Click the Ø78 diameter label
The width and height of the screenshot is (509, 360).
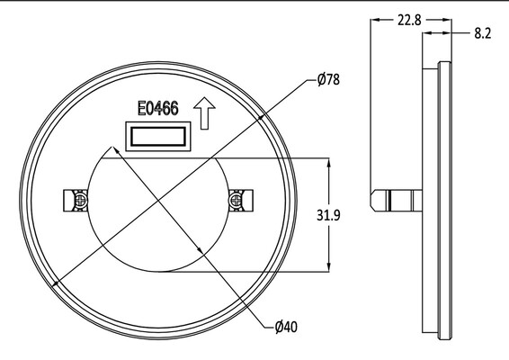pyautogui.click(x=328, y=79)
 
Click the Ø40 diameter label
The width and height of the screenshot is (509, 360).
pyautogui.click(x=286, y=327)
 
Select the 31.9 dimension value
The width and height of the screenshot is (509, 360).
pyautogui.click(x=328, y=215)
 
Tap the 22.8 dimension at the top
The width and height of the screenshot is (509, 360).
pyautogui.click(x=409, y=21)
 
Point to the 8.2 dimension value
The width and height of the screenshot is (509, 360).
pyautogui.click(x=483, y=33)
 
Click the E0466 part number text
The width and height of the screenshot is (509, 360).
pyautogui.click(x=158, y=108)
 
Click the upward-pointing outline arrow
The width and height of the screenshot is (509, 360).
pyautogui.click(x=204, y=113)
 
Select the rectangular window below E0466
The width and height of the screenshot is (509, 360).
pyautogui.click(x=158, y=137)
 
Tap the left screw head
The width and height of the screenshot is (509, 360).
pyautogui.click(x=80, y=201)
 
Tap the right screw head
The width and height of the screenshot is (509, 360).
pyautogui.click(x=236, y=201)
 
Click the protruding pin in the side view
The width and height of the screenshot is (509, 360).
pyautogui.click(x=397, y=201)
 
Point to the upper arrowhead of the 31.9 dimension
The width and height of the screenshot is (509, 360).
pyautogui.click(x=329, y=162)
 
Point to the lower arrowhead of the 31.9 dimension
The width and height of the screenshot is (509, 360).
pyautogui.click(x=329, y=267)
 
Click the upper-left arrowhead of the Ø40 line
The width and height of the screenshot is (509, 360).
pyautogui.click(x=115, y=150)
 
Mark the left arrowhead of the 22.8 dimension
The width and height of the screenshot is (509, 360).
pyautogui.click(x=375, y=20)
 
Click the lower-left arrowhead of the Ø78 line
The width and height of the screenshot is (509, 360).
pyautogui.click(x=56, y=283)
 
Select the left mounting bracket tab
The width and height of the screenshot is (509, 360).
pyautogui.click(x=76, y=201)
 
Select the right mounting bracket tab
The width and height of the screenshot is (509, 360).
pyautogui.click(x=241, y=201)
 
